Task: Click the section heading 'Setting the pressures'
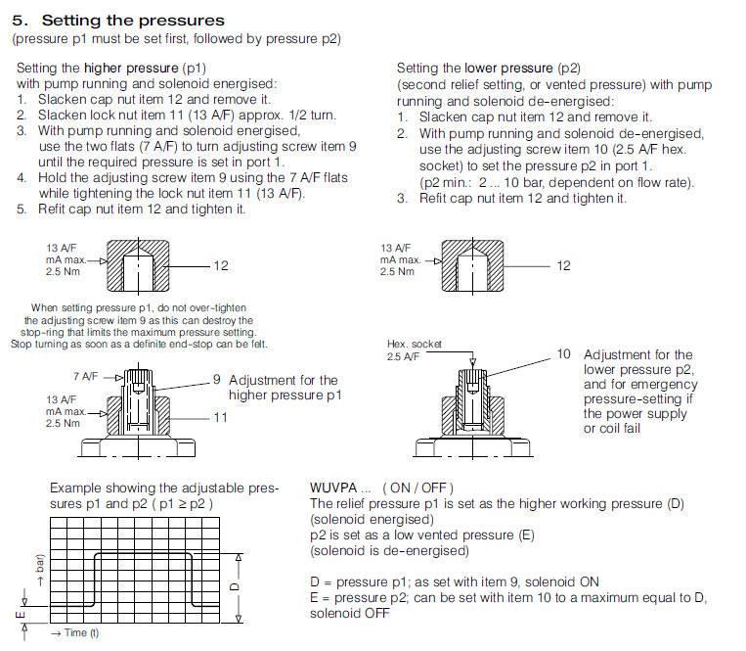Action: (133, 20)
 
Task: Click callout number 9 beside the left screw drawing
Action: (217, 380)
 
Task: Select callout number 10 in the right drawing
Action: (564, 353)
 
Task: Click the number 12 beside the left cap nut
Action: (221, 265)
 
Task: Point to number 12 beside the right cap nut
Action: (563, 265)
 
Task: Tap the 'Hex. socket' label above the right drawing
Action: (415, 345)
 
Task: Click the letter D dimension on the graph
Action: (233, 585)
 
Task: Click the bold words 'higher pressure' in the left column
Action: (131, 68)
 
